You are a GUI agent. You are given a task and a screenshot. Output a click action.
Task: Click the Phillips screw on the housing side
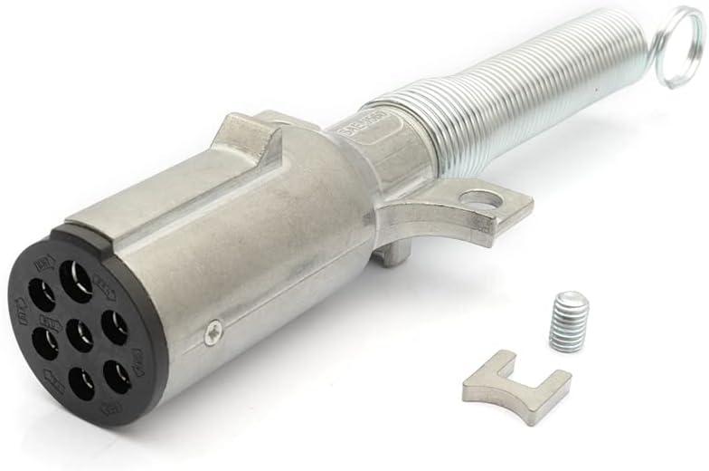click(213, 331)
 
